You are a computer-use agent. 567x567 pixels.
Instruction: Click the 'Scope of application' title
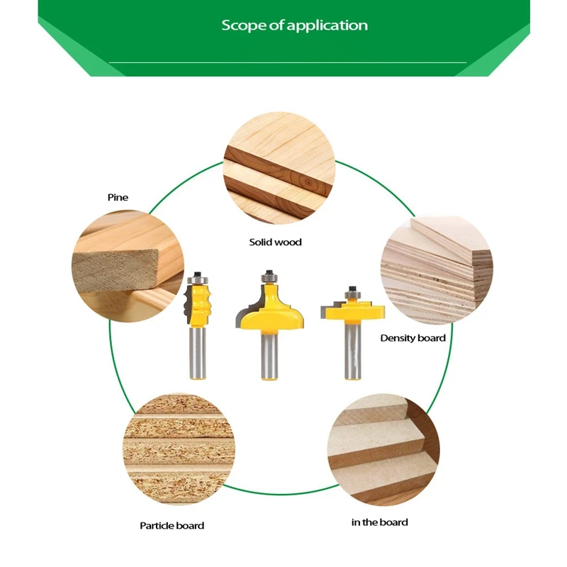[294, 26]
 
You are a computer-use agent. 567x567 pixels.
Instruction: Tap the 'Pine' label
[118, 197]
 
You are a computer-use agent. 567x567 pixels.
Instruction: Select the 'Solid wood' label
[275, 242]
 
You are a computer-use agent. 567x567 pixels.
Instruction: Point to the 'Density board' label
[412, 338]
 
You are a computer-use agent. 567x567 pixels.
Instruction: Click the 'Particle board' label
[172, 525]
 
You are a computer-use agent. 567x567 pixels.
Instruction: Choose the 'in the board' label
[379, 522]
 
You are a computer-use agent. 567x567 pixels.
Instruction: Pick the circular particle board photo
[176, 447]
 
